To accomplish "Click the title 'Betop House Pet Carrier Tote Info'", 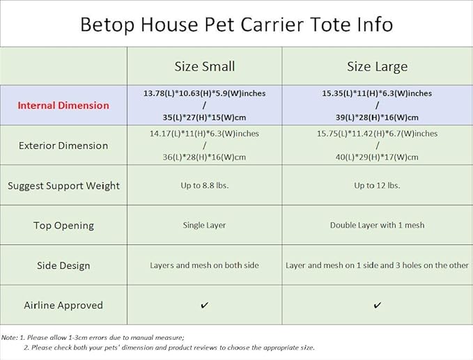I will (x=236, y=24).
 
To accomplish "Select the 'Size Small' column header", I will (x=204, y=67).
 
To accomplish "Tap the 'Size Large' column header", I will (x=377, y=67).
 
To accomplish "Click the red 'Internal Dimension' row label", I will (x=63, y=106).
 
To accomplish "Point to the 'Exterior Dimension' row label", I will (x=63, y=146).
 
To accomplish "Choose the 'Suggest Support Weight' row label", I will (x=63, y=186).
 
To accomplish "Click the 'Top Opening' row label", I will (x=63, y=226).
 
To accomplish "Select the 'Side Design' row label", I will (x=63, y=265).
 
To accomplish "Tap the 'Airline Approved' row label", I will (x=63, y=305).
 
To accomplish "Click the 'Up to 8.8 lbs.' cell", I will (x=204, y=186).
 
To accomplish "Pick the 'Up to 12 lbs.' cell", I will (x=377, y=186).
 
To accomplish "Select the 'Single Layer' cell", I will (x=204, y=226).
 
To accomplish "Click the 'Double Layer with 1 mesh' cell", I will (x=377, y=226).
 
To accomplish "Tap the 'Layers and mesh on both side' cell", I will (x=204, y=265).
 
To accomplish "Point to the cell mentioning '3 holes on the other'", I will (x=377, y=265).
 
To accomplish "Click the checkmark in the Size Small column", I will (x=204, y=306).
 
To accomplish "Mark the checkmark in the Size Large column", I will (x=377, y=306).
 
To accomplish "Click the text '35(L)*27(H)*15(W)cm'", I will (x=204, y=118).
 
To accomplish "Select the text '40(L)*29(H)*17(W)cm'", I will (x=377, y=157).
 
